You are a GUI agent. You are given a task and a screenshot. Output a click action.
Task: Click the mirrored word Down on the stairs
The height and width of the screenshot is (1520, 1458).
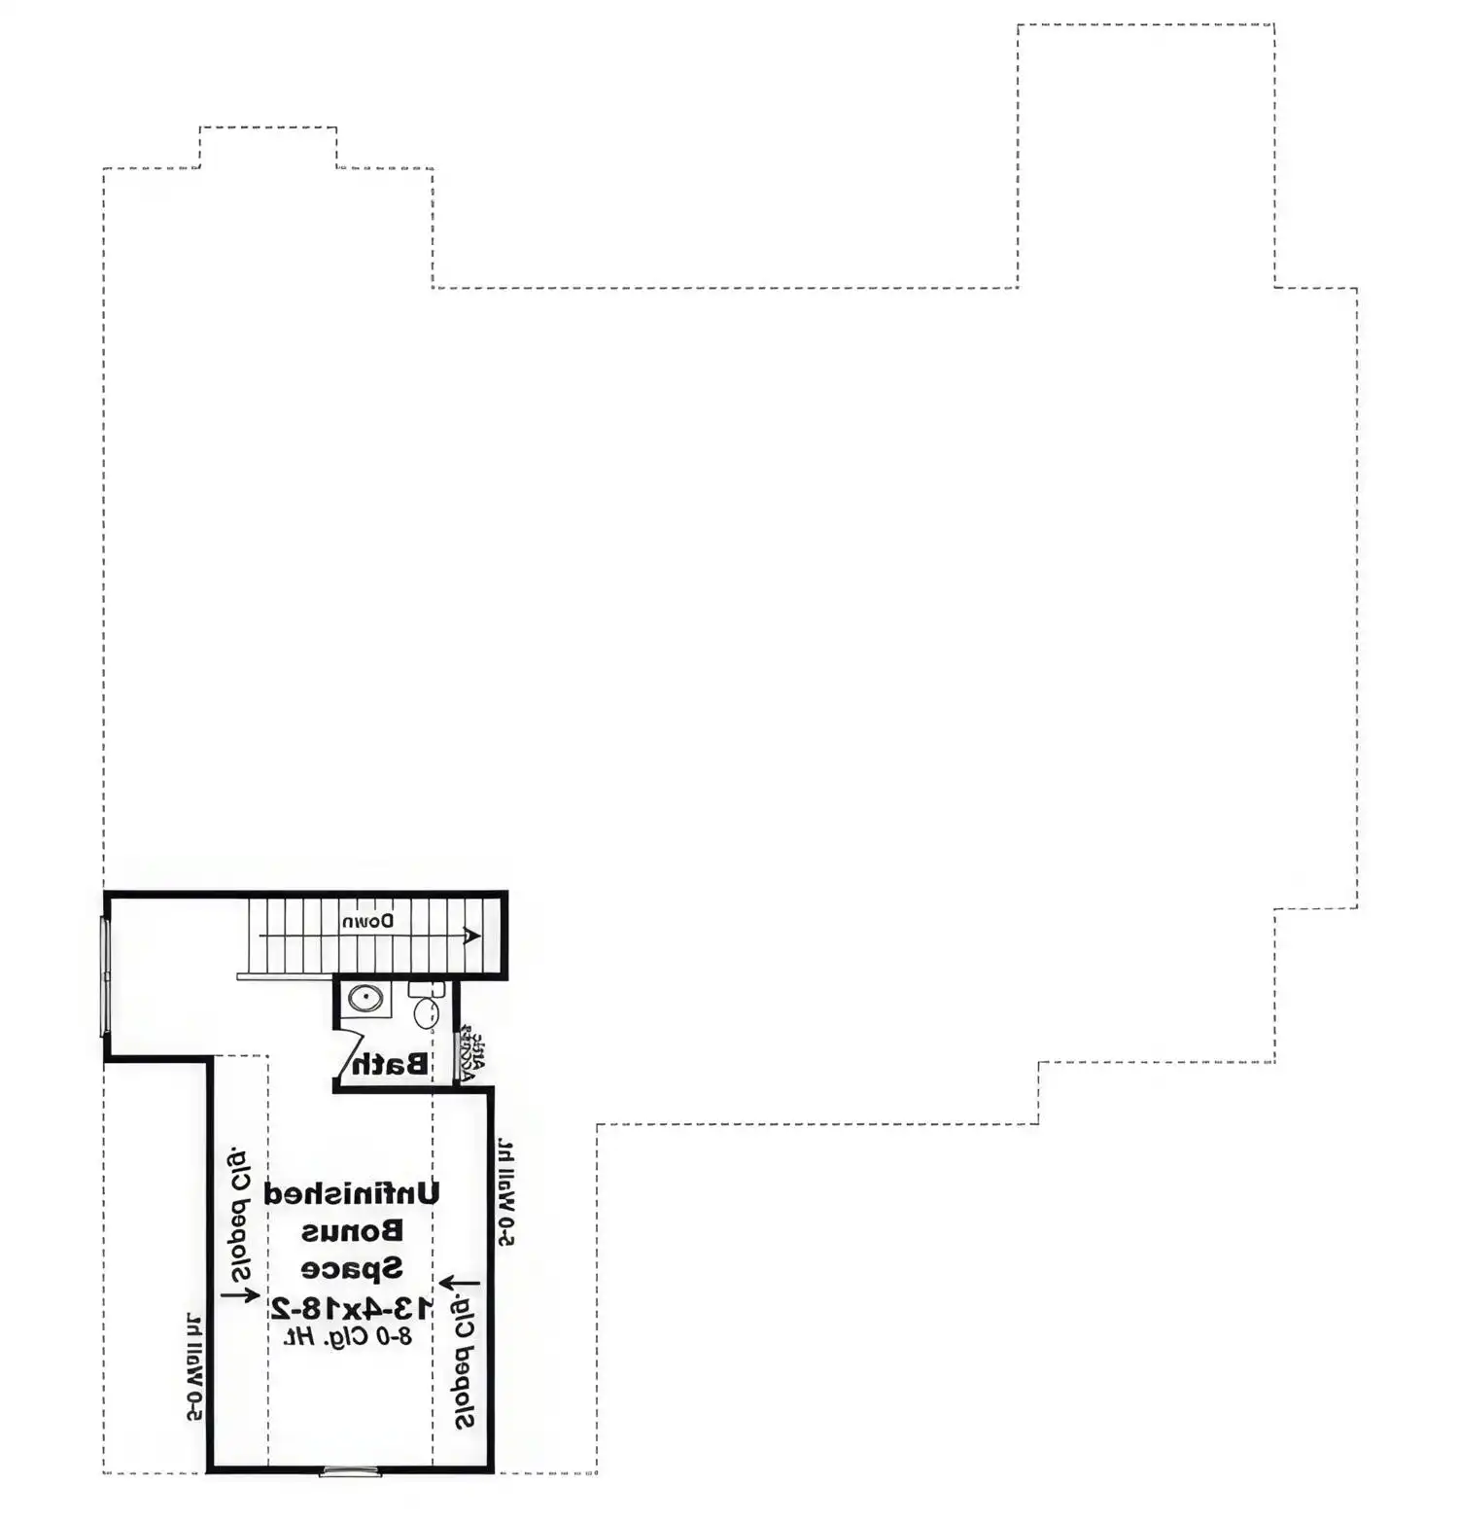pyautogui.click(x=367, y=920)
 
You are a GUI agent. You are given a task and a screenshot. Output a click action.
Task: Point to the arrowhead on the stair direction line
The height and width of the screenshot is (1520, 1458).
pyautogui.click(x=472, y=936)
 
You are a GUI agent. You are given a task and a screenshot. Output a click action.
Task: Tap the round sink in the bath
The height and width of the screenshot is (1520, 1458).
pyautogui.click(x=365, y=998)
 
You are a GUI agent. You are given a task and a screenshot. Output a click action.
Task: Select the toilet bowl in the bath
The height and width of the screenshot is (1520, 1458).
pyautogui.click(x=426, y=1013)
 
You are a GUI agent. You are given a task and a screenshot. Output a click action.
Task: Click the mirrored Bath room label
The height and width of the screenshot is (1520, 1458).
pyautogui.click(x=390, y=1064)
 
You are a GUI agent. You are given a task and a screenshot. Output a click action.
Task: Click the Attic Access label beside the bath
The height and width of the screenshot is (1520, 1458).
pyautogui.click(x=470, y=1052)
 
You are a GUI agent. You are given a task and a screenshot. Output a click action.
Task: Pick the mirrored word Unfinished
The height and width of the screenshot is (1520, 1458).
pyautogui.click(x=352, y=1193)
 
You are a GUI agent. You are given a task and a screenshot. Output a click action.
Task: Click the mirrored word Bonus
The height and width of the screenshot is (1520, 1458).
pyautogui.click(x=352, y=1231)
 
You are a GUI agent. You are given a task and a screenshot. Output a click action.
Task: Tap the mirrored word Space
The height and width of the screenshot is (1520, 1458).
pyautogui.click(x=352, y=1268)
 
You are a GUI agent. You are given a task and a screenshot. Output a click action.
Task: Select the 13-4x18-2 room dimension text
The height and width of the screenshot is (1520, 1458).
pyautogui.click(x=352, y=1306)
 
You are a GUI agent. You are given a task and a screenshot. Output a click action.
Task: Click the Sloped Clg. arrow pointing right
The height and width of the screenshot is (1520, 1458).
pyautogui.click(x=240, y=1294)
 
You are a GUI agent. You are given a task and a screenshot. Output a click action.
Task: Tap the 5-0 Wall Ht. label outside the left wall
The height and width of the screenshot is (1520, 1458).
pyautogui.click(x=194, y=1367)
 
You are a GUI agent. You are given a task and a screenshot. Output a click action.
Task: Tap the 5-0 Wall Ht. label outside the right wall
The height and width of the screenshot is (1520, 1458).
pyautogui.click(x=505, y=1192)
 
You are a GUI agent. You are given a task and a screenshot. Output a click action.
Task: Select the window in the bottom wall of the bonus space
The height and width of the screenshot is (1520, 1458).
pyautogui.click(x=350, y=1469)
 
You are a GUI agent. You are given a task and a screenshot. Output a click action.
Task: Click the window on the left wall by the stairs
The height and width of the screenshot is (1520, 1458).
pyautogui.click(x=105, y=975)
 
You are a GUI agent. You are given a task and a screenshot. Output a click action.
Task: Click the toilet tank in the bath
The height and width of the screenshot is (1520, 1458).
pyautogui.click(x=426, y=989)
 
